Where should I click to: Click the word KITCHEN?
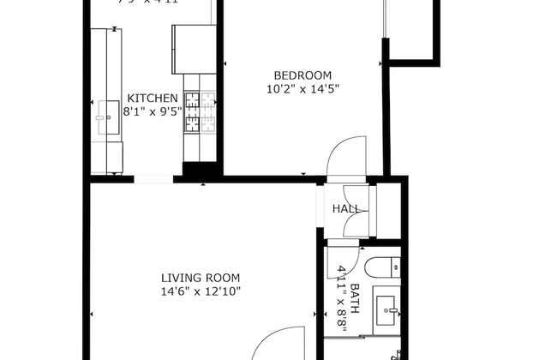[153, 98]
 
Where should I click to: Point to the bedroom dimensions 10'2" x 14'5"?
[302, 87]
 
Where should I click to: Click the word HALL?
[345, 209]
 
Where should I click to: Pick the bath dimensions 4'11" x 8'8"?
[342, 290]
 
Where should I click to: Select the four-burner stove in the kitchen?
[191, 113]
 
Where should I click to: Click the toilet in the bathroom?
[382, 266]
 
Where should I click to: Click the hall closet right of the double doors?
[388, 210]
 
